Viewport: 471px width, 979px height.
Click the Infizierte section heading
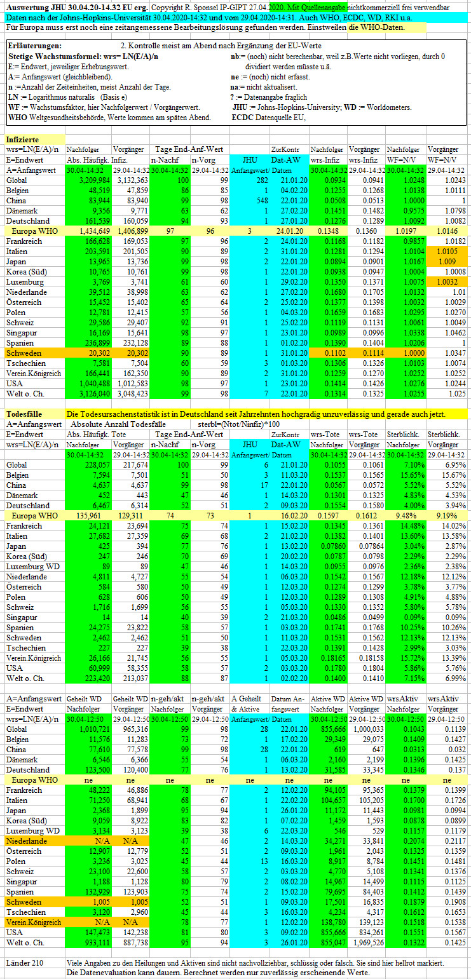22,139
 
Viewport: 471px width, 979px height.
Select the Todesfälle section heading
24,414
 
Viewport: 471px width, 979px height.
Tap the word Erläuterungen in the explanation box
35,46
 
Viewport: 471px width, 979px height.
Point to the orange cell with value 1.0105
447,252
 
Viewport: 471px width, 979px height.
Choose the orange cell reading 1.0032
447,282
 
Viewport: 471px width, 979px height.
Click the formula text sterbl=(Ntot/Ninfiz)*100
238,424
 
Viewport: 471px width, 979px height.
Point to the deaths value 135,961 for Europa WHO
88,516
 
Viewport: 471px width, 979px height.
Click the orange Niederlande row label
26,841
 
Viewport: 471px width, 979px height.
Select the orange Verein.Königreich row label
34,922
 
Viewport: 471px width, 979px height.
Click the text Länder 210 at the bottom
25,963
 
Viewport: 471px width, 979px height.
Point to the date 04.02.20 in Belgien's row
294,191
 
